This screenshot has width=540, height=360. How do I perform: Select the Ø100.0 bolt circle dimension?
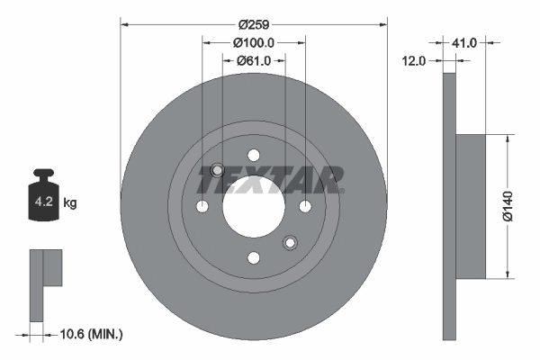pyautogui.click(x=253, y=42)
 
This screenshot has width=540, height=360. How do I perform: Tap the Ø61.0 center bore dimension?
pyautogui.click(x=255, y=60)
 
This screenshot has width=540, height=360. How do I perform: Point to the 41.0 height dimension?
pyautogui.click(x=464, y=42)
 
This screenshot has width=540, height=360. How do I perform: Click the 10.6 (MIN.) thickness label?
pyautogui.click(x=89, y=334)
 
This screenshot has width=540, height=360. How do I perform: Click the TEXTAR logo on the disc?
pyautogui.click(x=270, y=180)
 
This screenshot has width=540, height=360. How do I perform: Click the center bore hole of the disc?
pyautogui.click(x=253, y=206)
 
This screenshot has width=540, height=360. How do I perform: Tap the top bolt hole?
pyautogui.click(x=253, y=155)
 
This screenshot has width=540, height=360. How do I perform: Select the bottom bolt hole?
pyautogui.click(x=253, y=258)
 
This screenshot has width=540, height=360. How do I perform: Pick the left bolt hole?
pyautogui.click(x=202, y=207)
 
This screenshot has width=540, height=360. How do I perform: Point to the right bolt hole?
pyautogui.click(x=305, y=207)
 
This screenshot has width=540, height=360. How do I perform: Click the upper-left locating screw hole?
pyautogui.click(x=216, y=171)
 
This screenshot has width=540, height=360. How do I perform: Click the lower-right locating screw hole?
pyautogui.click(x=290, y=242)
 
